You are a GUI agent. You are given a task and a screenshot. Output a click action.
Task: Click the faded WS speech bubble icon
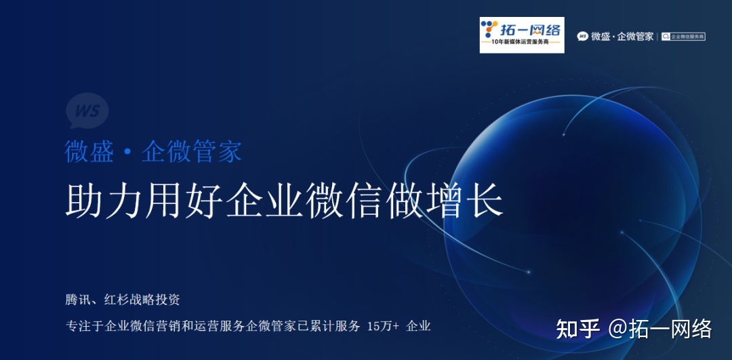[87, 111]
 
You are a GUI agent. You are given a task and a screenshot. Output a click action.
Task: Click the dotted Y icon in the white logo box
[489, 29]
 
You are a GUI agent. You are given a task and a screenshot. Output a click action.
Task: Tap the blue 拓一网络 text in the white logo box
[531, 29]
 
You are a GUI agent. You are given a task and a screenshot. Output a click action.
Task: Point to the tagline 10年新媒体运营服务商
[522, 43]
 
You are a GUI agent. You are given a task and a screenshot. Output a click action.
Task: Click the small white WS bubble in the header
[582, 37]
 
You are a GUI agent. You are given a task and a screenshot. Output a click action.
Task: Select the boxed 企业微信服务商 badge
[683, 37]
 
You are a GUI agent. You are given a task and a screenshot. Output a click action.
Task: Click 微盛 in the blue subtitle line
[89, 151]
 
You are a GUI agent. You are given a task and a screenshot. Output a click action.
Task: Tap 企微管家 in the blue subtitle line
[191, 151]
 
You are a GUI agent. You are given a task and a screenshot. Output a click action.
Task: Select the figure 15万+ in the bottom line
[383, 327]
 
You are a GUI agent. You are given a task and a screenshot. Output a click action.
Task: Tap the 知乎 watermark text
[577, 329]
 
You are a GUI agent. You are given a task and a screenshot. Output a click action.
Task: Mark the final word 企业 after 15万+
[418, 327]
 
